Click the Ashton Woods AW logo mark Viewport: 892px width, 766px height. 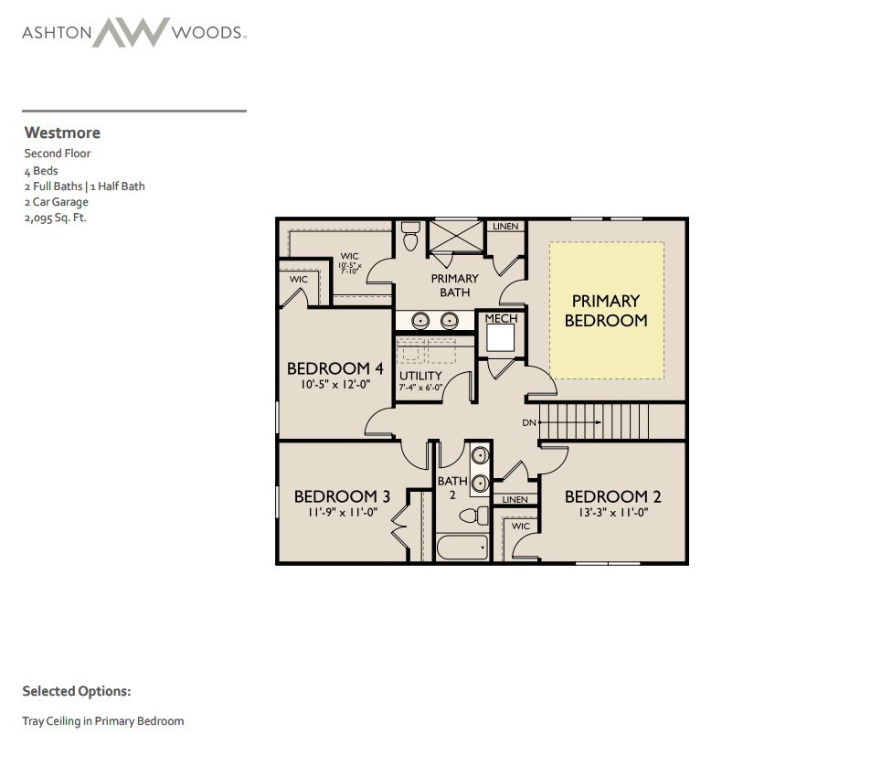pyautogui.click(x=131, y=33)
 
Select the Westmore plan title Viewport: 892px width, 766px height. pyautogui.click(x=62, y=133)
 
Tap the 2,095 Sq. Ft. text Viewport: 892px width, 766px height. pyautogui.click(x=55, y=218)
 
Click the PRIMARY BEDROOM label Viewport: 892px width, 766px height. pyautogui.click(x=606, y=311)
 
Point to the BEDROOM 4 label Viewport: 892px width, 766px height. pyautogui.click(x=334, y=368)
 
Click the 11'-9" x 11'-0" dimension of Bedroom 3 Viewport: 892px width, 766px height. pyautogui.click(x=342, y=513)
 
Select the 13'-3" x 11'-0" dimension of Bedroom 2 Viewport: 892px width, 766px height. pyautogui.click(x=612, y=513)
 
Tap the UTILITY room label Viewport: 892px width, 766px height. pyautogui.click(x=420, y=376)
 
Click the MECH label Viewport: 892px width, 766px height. pyautogui.click(x=501, y=318)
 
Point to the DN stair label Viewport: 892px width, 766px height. pyautogui.click(x=529, y=423)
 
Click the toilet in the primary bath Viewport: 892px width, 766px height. pyautogui.click(x=410, y=237)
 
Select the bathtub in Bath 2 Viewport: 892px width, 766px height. pyautogui.click(x=462, y=548)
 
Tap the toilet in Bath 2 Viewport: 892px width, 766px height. pyautogui.click(x=472, y=516)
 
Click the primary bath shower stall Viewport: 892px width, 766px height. pyautogui.click(x=455, y=236)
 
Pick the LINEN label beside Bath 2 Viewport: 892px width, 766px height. pyautogui.click(x=515, y=500)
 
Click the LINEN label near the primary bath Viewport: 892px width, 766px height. pyautogui.click(x=505, y=226)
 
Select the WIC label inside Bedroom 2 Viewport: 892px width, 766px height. pyautogui.click(x=520, y=527)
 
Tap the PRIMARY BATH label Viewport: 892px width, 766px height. pyautogui.click(x=454, y=285)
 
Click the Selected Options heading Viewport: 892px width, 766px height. pyautogui.click(x=77, y=692)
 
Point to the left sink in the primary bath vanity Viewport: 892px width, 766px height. pyautogui.click(x=420, y=320)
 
